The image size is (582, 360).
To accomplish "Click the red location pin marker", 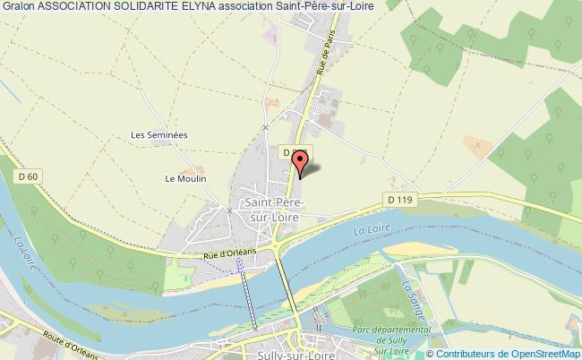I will tap(301, 161).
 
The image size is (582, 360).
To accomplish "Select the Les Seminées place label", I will tap(158, 134).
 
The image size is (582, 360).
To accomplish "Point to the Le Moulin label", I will tap(185, 178).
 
